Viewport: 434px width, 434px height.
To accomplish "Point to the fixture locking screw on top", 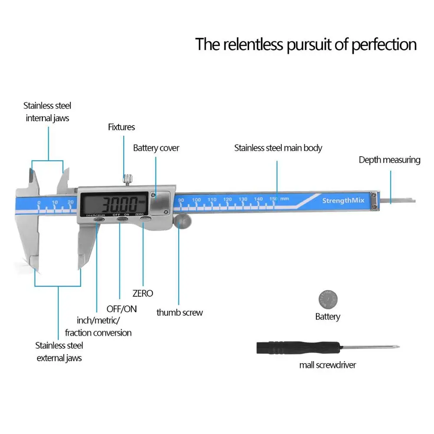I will pos(128,178).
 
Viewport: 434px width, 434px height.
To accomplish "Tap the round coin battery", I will pos(328,299).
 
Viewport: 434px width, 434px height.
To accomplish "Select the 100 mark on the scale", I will pos(196,200).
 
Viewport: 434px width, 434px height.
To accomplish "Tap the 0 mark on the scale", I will pos(39,203).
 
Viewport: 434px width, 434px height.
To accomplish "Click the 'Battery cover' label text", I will pos(156,148).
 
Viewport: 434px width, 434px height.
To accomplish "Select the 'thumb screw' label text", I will pos(179,312).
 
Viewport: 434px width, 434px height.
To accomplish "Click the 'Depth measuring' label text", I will pos(389,160).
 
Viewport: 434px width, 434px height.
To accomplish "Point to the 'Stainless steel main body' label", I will pos(278,148).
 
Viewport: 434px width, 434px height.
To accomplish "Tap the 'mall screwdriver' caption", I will pos(327,365).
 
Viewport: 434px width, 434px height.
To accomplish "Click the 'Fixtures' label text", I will pos(121,127).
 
